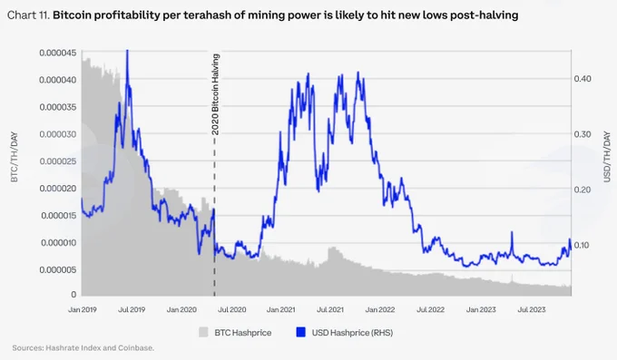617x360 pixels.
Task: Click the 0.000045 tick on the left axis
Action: (57, 53)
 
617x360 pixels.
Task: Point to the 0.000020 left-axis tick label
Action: (57, 189)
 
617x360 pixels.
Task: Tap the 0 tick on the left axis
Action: (73, 295)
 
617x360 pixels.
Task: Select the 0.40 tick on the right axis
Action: (583, 79)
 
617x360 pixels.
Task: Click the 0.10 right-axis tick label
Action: (583, 245)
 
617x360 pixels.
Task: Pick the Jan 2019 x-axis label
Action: (83, 309)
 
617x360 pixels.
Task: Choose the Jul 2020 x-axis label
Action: (231, 309)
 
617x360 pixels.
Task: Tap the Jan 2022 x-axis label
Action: (379, 309)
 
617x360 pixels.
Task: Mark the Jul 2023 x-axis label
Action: (531, 309)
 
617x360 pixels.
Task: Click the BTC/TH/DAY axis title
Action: (15, 157)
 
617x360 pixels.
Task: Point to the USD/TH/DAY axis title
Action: (607, 157)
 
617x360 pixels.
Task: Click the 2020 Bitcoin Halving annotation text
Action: (215, 94)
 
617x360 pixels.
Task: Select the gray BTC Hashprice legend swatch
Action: (203, 332)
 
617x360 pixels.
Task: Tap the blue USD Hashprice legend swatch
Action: (300, 332)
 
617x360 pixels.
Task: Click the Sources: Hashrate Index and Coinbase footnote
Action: (83, 348)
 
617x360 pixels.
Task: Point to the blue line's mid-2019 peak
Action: (127, 51)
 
